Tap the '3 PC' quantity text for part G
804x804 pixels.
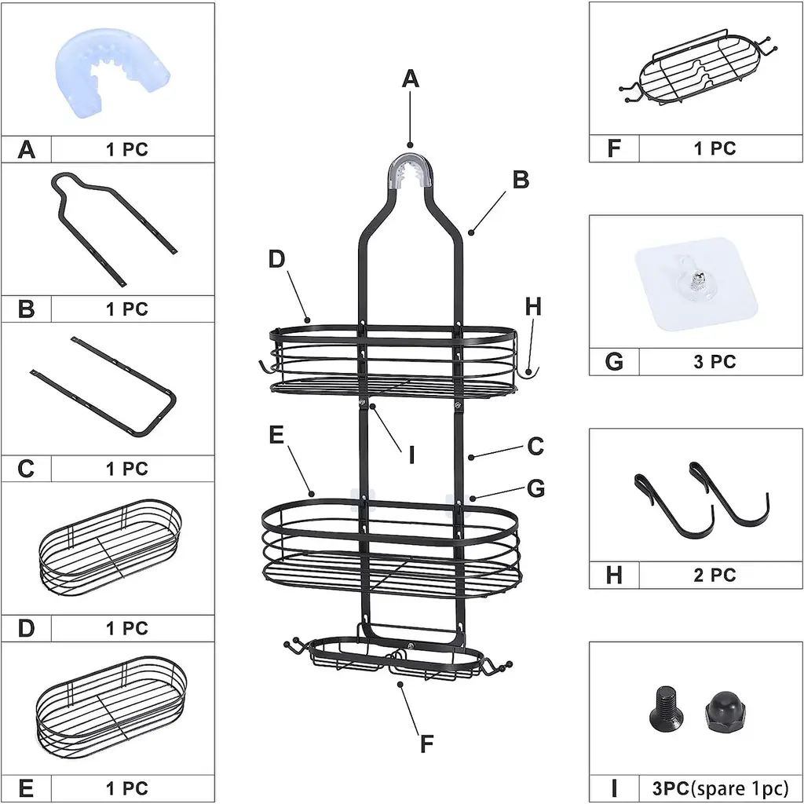coord(714,361)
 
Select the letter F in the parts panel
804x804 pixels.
coord(614,148)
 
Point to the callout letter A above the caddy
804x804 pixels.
coord(411,79)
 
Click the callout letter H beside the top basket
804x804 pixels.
coord(534,307)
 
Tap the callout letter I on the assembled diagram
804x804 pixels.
coord(411,454)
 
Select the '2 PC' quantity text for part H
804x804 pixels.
coord(714,575)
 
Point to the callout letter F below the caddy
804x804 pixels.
coord(426,744)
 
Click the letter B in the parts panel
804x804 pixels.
coord(26,309)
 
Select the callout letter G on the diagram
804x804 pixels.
coord(536,488)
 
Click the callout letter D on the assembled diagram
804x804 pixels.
coord(276,259)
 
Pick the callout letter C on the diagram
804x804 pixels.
coord(535,446)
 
